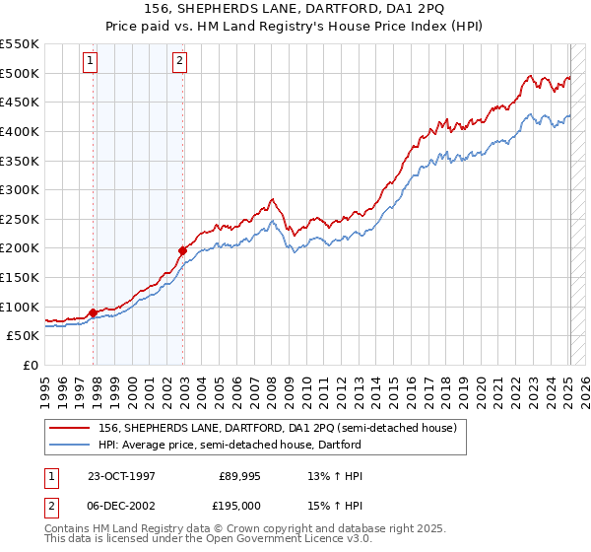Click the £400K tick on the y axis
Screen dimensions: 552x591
[20, 131]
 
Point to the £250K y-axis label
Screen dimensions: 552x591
[20, 219]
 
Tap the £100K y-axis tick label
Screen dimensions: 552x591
[20, 307]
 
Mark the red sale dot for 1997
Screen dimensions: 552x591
[94, 312]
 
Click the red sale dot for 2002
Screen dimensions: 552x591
[183, 250]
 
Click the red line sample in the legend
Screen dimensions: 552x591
[69, 429]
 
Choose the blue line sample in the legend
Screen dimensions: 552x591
[69, 446]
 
